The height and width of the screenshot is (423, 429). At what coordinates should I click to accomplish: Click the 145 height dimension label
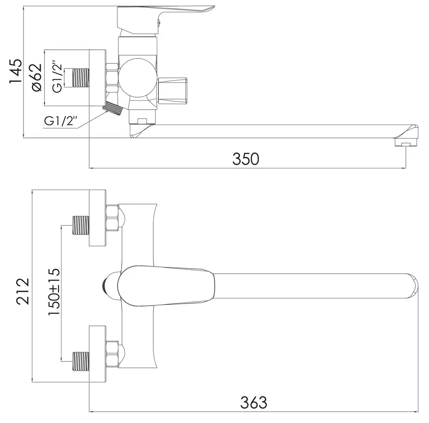click(x=16, y=71)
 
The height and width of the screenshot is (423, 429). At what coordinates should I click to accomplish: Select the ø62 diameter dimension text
click(x=37, y=78)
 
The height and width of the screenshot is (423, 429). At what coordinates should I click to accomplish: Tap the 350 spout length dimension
click(x=246, y=159)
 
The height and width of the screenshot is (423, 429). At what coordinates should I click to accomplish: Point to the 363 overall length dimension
click(x=254, y=403)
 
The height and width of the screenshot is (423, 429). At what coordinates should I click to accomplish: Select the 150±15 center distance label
click(x=54, y=292)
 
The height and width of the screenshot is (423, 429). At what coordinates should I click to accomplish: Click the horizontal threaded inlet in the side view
click(x=81, y=78)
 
